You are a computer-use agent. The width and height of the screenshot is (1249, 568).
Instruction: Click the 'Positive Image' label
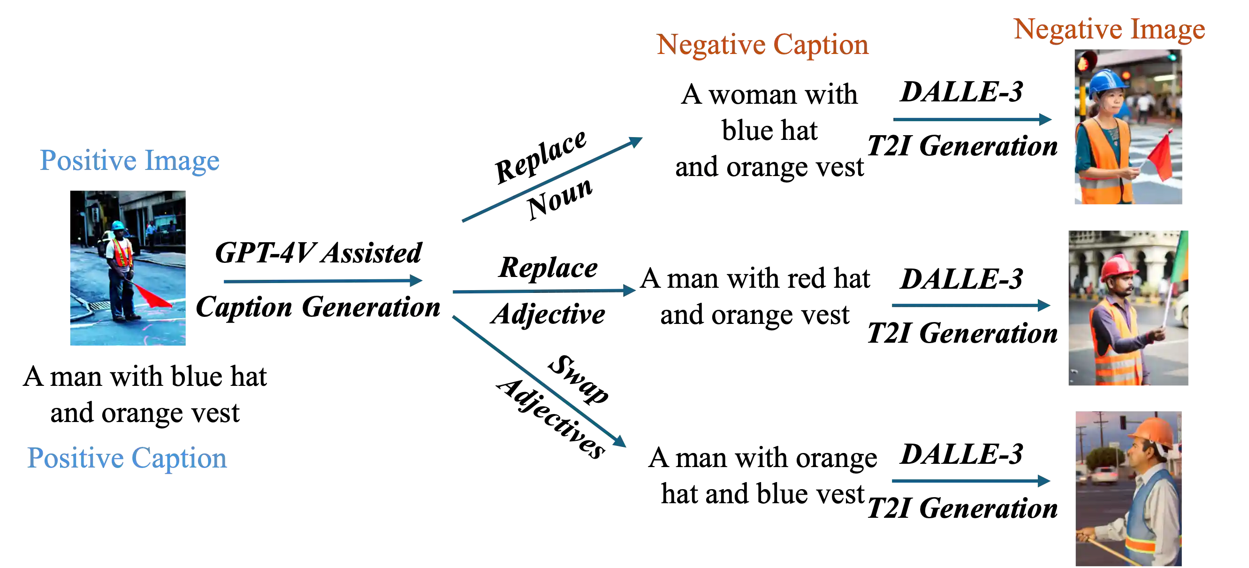(x=129, y=161)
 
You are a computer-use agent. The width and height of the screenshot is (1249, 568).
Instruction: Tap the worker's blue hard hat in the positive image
(x=118, y=225)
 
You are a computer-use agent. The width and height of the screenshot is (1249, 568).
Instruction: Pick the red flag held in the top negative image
(x=1160, y=159)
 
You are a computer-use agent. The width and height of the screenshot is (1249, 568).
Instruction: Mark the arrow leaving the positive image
(x=322, y=281)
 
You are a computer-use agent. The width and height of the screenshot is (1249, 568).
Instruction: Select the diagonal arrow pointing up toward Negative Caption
(x=552, y=180)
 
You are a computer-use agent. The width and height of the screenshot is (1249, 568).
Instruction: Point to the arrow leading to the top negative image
(x=973, y=120)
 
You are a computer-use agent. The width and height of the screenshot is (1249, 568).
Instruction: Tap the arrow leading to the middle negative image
(x=970, y=305)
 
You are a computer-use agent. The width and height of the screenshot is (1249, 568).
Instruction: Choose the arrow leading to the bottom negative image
(x=970, y=481)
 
